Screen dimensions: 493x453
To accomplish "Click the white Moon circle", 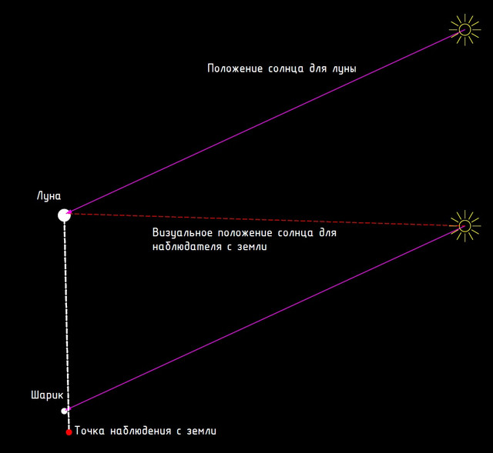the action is click(x=64, y=215).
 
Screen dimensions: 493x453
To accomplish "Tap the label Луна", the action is click(x=49, y=196).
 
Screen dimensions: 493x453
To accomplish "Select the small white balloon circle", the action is click(x=64, y=411).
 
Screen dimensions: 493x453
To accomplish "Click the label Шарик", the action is click(x=47, y=395).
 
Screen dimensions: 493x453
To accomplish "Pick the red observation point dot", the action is click(x=69, y=432).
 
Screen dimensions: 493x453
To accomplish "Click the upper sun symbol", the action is click(x=464, y=30).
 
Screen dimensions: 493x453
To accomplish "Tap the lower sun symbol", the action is click(x=464, y=225).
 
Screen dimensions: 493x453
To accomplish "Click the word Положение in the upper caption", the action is click(x=235, y=68).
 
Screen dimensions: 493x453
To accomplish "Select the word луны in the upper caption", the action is click(x=344, y=68).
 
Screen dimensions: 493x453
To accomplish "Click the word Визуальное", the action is click(x=183, y=232).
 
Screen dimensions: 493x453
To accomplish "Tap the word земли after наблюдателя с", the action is click(x=252, y=247).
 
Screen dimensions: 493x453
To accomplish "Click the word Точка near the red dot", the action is click(x=89, y=431).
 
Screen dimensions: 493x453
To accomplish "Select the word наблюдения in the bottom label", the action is click(x=140, y=431).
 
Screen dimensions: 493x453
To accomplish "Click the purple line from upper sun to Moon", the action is click(x=266, y=122).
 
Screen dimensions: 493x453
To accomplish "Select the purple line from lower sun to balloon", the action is click(x=266, y=318).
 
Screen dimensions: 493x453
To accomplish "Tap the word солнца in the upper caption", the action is click(x=286, y=68).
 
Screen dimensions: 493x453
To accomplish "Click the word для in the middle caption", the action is click(x=328, y=233).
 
